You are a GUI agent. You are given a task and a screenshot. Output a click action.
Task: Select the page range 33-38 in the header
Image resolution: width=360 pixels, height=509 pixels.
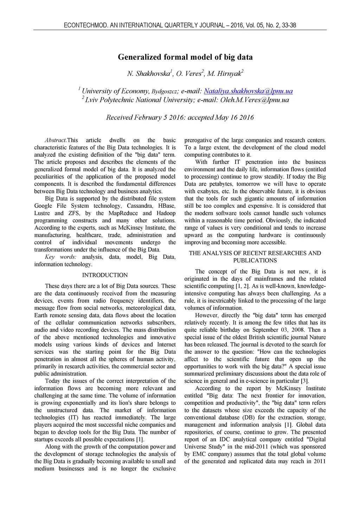(x=289, y=25)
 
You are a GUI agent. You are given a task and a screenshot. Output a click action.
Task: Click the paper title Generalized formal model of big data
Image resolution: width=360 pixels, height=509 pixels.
(x=185, y=57)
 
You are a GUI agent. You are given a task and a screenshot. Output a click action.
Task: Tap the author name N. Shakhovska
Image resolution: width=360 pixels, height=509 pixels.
(x=148, y=73)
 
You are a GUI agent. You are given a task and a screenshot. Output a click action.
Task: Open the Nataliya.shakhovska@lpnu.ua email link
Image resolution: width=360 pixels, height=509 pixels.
(x=248, y=91)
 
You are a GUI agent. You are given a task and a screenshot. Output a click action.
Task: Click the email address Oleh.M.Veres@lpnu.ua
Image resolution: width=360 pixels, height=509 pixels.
(x=255, y=100)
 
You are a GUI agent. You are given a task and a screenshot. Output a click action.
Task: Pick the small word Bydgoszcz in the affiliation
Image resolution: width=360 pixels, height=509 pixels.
(x=164, y=92)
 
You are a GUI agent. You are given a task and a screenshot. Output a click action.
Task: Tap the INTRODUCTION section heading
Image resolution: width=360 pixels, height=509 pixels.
(x=105, y=275)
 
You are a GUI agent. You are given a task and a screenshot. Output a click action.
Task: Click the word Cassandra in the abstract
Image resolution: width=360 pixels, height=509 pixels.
(x=140, y=206)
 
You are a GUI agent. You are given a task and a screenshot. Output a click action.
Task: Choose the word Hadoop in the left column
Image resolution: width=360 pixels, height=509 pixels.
(x=166, y=213)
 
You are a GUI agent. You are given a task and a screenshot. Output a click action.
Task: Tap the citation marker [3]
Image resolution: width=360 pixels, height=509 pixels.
(x=304, y=381)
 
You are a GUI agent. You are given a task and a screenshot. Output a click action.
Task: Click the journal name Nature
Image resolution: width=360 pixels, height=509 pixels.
(x=317, y=337)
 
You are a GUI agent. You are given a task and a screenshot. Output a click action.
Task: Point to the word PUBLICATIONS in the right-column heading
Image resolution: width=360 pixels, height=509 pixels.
(x=255, y=261)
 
